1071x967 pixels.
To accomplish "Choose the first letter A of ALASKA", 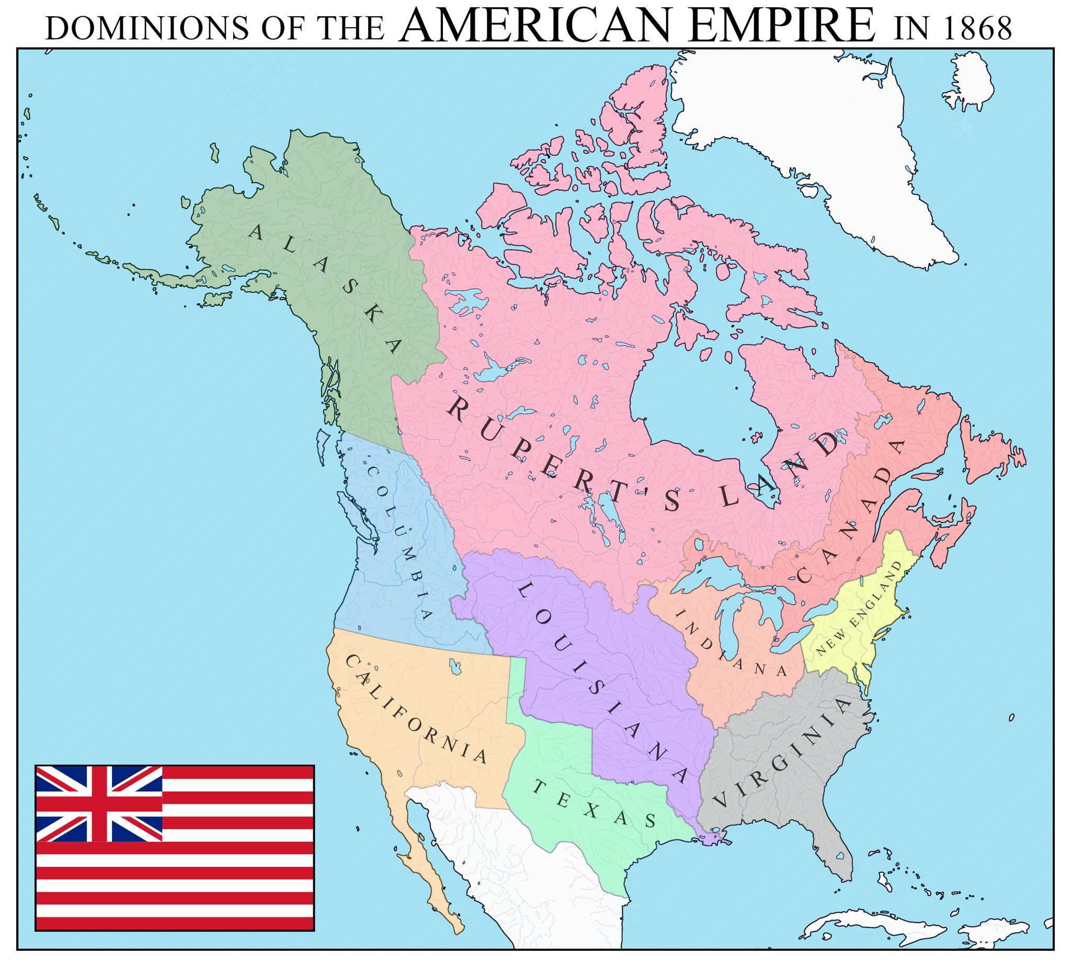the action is pos(257,232).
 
